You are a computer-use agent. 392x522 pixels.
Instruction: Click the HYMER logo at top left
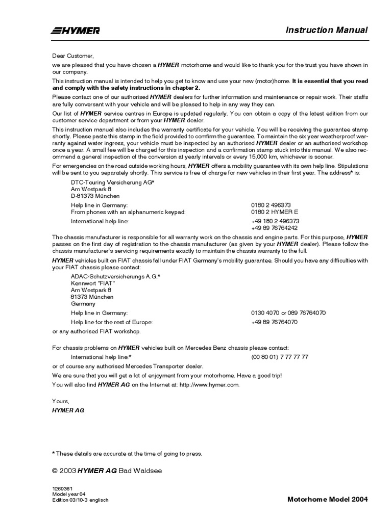[x=76, y=31]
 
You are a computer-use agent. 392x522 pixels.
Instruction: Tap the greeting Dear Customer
[x=73, y=55]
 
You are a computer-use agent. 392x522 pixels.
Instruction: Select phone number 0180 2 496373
[x=271, y=205]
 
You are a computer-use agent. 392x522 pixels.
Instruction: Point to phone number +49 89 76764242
[x=275, y=228]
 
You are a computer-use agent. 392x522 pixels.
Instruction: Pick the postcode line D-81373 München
[x=95, y=195]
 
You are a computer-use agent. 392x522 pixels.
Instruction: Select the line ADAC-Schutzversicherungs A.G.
[x=115, y=276]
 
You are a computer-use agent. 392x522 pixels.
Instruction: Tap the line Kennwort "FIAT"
[x=93, y=283]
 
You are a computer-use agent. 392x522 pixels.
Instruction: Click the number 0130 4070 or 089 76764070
[x=288, y=313]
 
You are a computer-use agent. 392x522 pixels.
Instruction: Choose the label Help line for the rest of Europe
[x=112, y=322]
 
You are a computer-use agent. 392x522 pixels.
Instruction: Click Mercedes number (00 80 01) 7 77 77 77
[x=280, y=357]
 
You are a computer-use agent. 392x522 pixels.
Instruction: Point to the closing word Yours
[x=60, y=401]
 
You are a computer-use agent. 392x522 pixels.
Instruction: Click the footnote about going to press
[x=128, y=453]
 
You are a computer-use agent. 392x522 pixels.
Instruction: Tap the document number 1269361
[x=62, y=488]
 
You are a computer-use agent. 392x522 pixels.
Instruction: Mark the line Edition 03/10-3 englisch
[x=81, y=500]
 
